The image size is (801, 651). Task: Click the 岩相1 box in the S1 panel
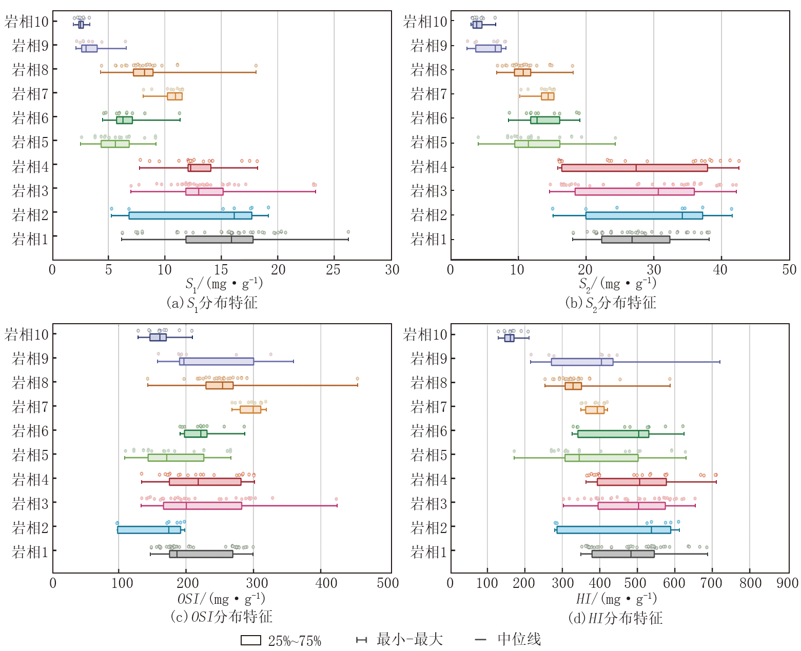(x=219, y=240)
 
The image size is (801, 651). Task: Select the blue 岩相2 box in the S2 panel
(x=644, y=215)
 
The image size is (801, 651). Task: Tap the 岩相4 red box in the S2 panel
(x=634, y=168)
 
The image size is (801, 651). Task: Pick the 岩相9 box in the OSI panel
(x=217, y=361)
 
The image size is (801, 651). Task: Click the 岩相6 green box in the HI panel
(x=613, y=434)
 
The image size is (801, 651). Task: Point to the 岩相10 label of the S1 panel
(x=27, y=22)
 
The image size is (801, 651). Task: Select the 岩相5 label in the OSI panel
(x=30, y=455)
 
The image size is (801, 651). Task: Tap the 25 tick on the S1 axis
(x=334, y=270)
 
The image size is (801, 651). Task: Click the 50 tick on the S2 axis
(x=789, y=270)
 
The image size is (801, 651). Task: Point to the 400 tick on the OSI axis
(x=326, y=583)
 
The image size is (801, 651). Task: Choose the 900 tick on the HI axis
(x=788, y=583)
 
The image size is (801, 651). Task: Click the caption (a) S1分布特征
(x=212, y=303)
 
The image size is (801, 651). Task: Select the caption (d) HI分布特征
(x=615, y=618)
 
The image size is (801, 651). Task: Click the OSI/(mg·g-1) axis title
(x=221, y=599)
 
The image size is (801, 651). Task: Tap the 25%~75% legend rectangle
(x=251, y=640)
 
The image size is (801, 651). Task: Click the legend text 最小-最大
(x=409, y=640)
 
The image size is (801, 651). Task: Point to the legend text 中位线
(x=519, y=640)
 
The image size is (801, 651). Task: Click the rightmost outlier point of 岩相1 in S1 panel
(x=348, y=232)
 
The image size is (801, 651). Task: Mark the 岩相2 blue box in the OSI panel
(x=149, y=530)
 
